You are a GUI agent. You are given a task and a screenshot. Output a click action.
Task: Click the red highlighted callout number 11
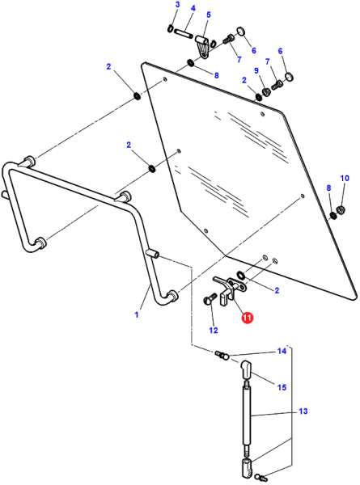[x=248, y=318]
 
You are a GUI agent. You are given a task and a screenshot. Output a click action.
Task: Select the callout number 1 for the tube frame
[x=137, y=314]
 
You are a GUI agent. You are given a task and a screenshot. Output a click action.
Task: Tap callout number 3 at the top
[x=177, y=5]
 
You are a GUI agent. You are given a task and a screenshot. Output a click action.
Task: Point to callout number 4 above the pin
[x=193, y=8]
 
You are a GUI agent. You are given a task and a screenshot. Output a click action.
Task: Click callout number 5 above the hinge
[x=209, y=15]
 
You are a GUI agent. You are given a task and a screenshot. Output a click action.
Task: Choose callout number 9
[x=256, y=70]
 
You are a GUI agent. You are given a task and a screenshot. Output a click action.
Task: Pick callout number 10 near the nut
[x=345, y=178]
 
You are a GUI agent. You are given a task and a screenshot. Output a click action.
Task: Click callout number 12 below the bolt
[x=214, y=331]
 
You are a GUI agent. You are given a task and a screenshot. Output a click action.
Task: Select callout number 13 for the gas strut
[x=303, y=411]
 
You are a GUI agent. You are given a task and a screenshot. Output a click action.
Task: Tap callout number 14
[x=282, y=351]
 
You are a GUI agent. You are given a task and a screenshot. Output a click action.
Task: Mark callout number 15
[x=282, y=387]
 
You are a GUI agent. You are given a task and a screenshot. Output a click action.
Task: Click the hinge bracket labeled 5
[x=203, y=46]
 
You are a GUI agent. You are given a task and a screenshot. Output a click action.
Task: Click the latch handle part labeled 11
[x=229, y=288]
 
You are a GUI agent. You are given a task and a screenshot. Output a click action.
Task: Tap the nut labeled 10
[x=341, y=209]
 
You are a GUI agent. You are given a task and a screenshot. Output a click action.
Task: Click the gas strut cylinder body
[x=247, y=415]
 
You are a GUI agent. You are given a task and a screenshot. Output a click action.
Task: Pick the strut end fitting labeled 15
[x=246, y=369]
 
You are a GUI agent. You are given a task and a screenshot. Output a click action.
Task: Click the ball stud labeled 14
[x=222, y=356]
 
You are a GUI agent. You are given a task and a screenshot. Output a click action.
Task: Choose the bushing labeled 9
[x=266, y=92]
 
